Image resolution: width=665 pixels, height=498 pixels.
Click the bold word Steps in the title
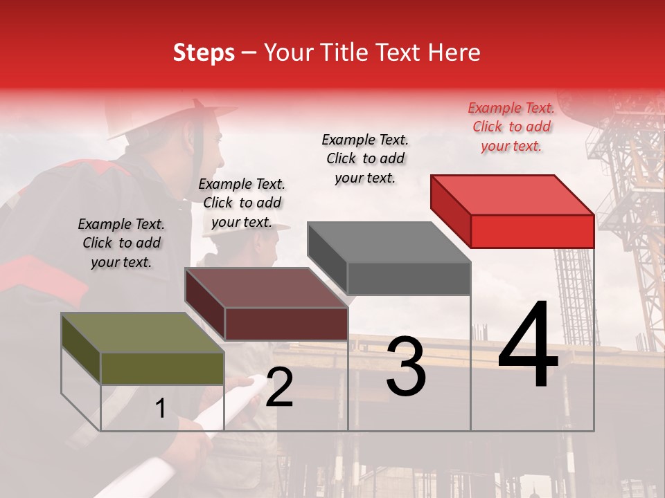click(204, 53)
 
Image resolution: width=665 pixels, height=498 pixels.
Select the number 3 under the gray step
click(406, 367)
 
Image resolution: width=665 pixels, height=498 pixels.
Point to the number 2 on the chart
click(279, 387)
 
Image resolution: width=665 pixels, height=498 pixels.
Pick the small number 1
click(161, 409)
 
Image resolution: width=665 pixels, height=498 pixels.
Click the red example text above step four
click(511, 127)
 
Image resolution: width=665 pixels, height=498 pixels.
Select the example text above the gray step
click(365, 158)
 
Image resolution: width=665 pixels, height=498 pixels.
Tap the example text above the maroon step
click(242, 203)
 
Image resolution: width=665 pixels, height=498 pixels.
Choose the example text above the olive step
click(121, 243)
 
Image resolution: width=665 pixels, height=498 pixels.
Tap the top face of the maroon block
click(267, 288)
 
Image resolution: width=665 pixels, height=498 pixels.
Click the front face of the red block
click(532, 231)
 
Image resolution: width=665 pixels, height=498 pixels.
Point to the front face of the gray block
click(409, 279)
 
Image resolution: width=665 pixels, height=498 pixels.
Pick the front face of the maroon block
click(286, 324)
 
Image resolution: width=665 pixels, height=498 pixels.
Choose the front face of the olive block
click(162, 369)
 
